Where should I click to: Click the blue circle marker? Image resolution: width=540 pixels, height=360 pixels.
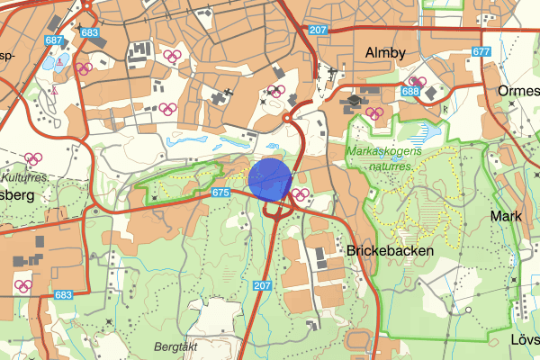269,178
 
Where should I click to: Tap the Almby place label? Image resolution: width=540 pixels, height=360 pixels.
386,53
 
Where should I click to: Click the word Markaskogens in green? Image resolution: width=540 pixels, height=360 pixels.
387,151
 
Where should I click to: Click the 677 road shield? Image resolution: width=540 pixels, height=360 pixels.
481,51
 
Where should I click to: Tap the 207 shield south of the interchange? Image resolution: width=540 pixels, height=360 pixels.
262,286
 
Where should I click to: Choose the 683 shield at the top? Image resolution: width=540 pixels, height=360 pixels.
89,32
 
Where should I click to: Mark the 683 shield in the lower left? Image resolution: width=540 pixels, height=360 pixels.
62,294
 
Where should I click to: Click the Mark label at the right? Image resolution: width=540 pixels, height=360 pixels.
506,216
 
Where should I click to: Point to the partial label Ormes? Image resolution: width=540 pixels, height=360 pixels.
518,93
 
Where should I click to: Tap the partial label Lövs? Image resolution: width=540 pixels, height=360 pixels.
525,340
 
